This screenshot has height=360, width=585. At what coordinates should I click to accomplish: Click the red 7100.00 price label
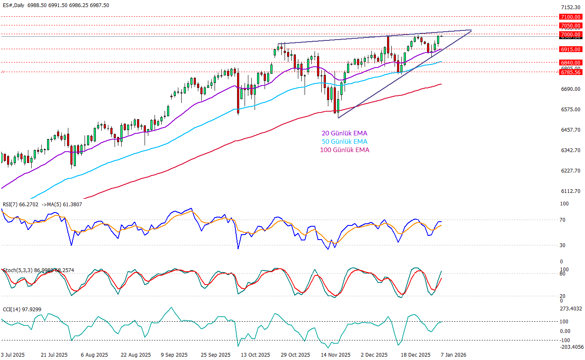pyautogui.click(x=570, y=17)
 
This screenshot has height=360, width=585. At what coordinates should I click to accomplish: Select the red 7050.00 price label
pyautogui.click(x=570, y=26)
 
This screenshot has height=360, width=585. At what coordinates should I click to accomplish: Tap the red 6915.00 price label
pyautogui.click(x=570, y=49)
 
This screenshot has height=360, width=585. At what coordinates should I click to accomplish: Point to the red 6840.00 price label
pyautogui.click(x=570, y=63)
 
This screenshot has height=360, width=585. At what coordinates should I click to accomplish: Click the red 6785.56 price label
pyautogui.click(x=570, y=72)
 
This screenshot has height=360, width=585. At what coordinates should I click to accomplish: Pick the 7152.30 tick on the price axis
pyautogui.click(x=570, y=7)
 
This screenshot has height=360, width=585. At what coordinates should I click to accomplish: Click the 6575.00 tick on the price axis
pyautogui.click(x=570, y=110)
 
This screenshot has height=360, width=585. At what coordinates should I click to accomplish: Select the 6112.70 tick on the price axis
pyautogui.click(x=570, y=191)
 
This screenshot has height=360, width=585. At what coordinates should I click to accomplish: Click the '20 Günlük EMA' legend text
pyautogui.click(x=344, y=133)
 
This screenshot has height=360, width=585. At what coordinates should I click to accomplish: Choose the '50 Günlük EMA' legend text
pyautogui.click(x=344, y=142)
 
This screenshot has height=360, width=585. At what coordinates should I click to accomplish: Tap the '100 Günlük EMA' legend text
pyautogui.click(x=344, y=150)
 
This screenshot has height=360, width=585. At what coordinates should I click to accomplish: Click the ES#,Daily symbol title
pyautogui.click(x=13, y=5)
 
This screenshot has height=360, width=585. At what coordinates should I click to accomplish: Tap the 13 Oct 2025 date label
pyautogui.click(x=256, y=355)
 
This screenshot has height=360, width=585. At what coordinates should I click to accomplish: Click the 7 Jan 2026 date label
pyautogui.click(x=454, y=355)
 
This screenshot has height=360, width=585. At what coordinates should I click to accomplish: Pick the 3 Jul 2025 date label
pyautogui.click(x=13, y=355)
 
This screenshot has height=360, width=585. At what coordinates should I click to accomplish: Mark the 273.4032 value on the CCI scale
pyautogui.click(x=570, y=309)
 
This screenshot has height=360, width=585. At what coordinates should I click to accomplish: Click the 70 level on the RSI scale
pyautogui.click(x=562, y=220)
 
